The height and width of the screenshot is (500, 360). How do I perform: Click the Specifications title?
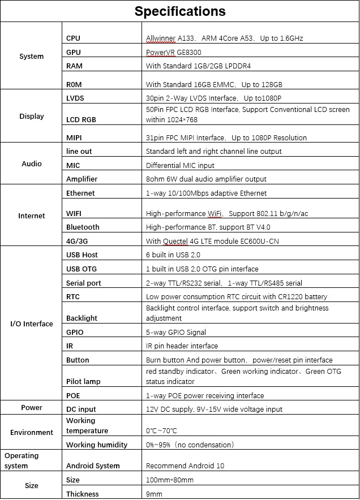(180, 11)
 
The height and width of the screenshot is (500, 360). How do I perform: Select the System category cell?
(31, 57)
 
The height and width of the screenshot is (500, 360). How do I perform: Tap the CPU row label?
(74, 38)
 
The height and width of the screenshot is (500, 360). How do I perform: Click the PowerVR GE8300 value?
(174, 52)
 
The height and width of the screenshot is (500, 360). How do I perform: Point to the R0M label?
(75, 84)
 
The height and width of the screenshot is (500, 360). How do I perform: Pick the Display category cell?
(31, 117)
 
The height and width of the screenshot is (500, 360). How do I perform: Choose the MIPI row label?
(75, 137)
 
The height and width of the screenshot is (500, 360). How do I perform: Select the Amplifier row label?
(82, 179)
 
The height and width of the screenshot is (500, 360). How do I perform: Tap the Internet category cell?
(31, 215)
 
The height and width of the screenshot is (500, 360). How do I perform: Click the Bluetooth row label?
(83, 227)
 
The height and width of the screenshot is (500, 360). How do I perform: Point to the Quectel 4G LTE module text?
(212, 241)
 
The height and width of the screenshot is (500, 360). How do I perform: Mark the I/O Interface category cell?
(31, 324)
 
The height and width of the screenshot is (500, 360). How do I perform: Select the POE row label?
(74, 395)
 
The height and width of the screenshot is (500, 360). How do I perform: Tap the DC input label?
(81, 409)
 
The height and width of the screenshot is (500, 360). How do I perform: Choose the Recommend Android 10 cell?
(185, 466)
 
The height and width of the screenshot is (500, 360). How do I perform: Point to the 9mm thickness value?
(154, 494)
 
